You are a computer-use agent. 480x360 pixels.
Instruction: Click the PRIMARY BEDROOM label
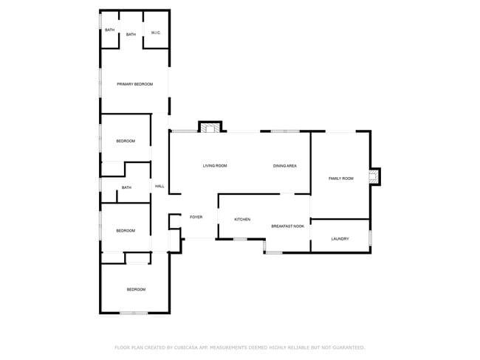135,85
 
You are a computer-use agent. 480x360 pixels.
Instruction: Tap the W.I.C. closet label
156,33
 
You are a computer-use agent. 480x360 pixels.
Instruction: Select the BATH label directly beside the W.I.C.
131,35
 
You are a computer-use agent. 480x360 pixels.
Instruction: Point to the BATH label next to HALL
126,187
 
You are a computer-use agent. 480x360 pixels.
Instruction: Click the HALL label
160,186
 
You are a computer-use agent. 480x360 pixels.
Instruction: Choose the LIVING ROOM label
215,166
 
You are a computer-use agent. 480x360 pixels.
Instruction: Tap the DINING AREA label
285,166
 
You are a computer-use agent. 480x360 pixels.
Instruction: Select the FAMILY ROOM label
341,179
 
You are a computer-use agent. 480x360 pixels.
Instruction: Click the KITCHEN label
242,220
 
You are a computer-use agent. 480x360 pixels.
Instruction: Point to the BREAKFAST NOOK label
288,226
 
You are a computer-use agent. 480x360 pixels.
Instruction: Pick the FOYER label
196,217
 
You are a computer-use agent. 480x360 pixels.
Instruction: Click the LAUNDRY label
340,239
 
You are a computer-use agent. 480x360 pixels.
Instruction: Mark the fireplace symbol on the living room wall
210,128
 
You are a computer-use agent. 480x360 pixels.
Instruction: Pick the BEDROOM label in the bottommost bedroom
136,289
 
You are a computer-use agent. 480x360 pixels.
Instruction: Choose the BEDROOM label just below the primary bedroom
126,141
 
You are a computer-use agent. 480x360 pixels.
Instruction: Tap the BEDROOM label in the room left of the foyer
126,231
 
